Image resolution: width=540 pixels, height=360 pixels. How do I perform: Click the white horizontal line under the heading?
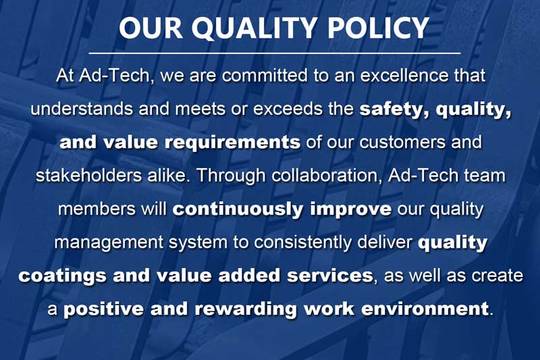275,53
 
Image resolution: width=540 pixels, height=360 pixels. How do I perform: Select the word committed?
265,76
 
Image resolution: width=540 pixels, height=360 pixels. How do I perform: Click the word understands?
82,109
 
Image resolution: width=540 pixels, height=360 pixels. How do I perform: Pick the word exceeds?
289,109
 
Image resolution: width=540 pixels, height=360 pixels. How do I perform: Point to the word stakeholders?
88,175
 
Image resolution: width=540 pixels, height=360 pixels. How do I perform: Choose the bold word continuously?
238,209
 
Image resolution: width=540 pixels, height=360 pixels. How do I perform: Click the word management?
109,243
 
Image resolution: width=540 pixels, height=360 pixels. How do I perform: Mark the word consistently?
303,242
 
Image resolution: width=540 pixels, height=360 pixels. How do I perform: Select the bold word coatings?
62,276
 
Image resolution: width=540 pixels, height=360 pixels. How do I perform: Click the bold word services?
330,276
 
